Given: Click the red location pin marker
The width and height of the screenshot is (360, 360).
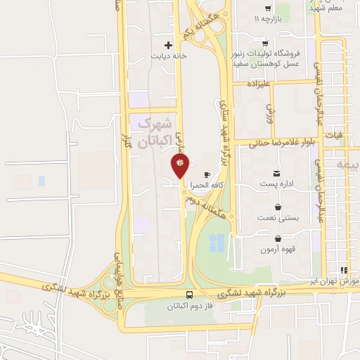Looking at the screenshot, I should pos(180,166).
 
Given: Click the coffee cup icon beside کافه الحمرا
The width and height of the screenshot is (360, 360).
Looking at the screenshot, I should pos(206,174).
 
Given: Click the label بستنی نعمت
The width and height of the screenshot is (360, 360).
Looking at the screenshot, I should pos(279,219).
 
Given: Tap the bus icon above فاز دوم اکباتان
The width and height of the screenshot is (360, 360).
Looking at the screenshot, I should pos(190,295).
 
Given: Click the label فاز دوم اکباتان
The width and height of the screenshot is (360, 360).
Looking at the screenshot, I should pos(190,307).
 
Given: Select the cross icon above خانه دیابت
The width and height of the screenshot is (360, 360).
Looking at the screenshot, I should pos(167,44).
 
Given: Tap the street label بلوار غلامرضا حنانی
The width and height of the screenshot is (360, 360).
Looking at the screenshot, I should pos(284,141).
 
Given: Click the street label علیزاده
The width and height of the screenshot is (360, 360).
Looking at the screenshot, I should pos(258,82).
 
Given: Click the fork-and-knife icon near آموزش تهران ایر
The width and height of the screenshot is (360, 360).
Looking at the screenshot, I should pos(344,269).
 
